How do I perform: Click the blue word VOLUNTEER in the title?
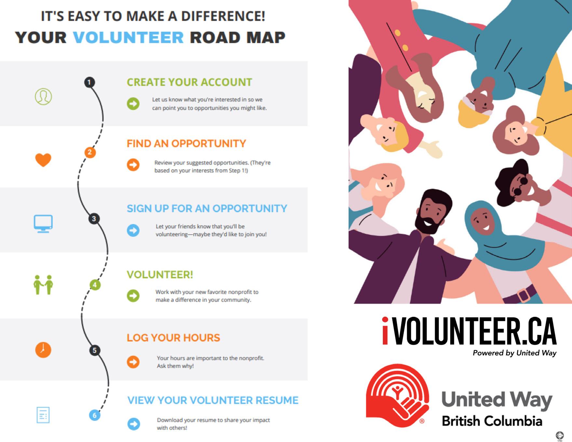tap(128, 37)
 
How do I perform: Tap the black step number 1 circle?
tap(89, 82)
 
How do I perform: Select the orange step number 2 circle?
tap(90, 152)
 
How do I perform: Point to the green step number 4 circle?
tap(95, 285)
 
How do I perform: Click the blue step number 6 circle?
tap(95, 415)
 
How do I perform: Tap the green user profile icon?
tap(43, 97)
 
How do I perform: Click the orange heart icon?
tap(43, 160)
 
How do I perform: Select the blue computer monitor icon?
tap(43, 223)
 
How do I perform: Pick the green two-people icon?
tap(43, 285)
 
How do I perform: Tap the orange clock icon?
tap(43, 350)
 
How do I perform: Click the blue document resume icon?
tap(43, 415)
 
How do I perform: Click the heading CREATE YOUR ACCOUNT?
tap(189, 82)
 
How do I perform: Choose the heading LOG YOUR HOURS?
tap(173, 338)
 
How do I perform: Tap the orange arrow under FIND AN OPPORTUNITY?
tap(133, 165)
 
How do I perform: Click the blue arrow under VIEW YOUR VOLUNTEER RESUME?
tap(133, 424)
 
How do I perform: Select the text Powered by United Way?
tap(514, 353)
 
